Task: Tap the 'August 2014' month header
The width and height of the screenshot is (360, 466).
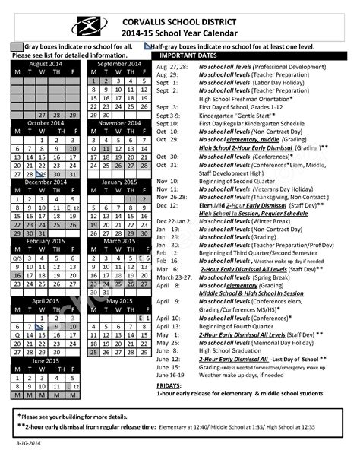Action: point(46,64)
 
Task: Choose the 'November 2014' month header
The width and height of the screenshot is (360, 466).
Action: point(120,123)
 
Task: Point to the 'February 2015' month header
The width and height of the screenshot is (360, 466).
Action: point(46,241)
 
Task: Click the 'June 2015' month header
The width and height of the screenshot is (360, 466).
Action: point(46,360)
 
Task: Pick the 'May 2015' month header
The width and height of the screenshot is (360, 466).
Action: point(120,300)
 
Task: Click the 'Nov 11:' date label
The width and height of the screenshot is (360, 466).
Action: point(167,189)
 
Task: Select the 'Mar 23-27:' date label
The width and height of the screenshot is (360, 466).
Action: point(172,277)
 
